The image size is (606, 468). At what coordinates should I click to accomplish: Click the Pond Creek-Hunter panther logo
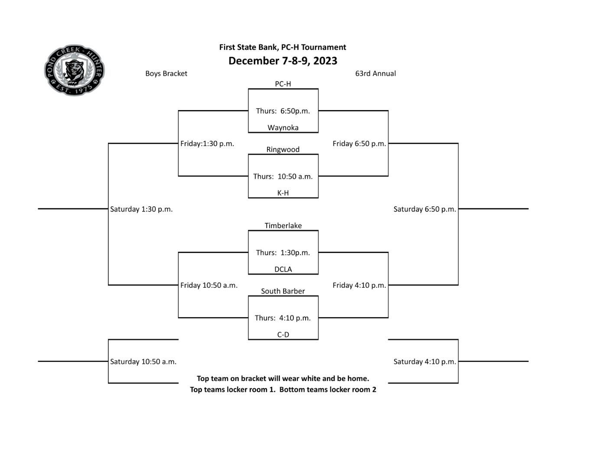(75, 70)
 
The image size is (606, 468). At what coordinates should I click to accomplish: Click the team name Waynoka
(283, 128)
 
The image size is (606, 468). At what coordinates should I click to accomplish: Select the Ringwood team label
(283, 149)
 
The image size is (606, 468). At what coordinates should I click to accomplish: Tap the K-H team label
(283, 193)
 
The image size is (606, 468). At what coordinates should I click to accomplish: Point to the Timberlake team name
(283, 225)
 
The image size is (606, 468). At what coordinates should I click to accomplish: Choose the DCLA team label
(283, 269)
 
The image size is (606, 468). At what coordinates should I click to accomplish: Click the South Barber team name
(283, 291)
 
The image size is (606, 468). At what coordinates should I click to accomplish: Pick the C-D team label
(283, 335)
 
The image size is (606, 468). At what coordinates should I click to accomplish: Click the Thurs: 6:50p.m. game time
(283, 111)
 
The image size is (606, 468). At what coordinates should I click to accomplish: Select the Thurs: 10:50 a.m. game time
(283, 176)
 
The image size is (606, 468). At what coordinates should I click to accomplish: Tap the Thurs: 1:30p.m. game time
(283, 253)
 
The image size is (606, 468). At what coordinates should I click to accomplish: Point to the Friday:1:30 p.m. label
(207, 143)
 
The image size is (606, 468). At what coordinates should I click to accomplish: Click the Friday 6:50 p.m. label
(359, 143)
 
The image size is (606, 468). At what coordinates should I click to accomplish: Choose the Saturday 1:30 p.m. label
(141, 209)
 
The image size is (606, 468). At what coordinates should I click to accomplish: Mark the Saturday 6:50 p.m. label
(425, 209)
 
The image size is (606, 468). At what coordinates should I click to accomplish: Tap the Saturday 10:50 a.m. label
(143, 361)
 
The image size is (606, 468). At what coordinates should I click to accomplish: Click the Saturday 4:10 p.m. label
(425, 361)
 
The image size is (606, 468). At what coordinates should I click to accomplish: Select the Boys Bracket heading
(166, 74)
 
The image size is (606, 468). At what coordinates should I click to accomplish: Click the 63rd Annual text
(375, 74)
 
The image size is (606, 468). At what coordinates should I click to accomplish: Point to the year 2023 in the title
(325, 61)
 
